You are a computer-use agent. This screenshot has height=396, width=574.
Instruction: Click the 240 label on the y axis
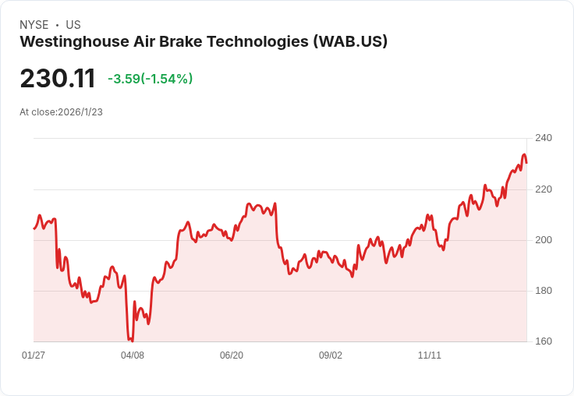click(x=543, y=139)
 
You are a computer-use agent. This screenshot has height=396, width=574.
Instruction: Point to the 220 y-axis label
click(x=543, y=189)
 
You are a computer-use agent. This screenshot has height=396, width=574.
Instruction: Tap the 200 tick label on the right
click(x=543, y=240)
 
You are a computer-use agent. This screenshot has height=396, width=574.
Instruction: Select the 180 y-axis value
click(x=543, y=291)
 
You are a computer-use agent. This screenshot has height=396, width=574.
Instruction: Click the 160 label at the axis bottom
click(x=543, y=341)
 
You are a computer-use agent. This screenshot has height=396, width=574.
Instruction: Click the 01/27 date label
click(x=34, y=355)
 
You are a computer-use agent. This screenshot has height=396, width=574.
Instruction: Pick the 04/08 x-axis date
click(x=133, y=355)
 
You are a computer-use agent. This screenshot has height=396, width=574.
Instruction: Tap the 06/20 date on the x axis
click(x=232, y=355)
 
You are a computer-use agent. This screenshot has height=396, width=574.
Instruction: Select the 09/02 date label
click(x=331, y=355)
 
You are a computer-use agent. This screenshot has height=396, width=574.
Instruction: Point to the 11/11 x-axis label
click(x=430, y=355)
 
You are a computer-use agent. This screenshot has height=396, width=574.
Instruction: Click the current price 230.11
click(x=58, y=79)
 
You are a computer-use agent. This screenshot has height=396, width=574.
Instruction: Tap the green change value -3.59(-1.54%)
click(x=150, y=79)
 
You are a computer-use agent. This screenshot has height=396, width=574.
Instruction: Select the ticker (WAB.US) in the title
click(x=350, y=42)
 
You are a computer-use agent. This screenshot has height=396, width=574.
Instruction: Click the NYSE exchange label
click(x=34, y=25)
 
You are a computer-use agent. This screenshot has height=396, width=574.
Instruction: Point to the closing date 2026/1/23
click(x=80, y=112)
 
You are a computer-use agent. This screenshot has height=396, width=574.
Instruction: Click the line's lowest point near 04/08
click(x=132, y=341)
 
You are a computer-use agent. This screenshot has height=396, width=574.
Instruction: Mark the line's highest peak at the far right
click(x=524, y=154)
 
